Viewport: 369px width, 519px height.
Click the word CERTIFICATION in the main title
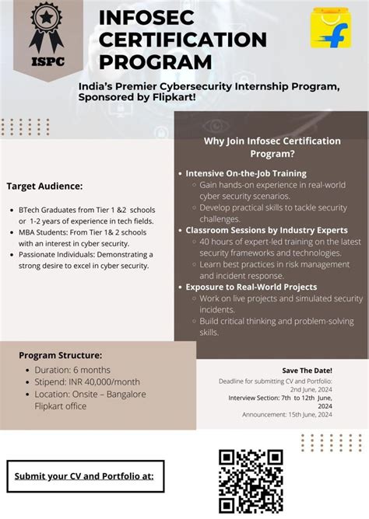pos(183,40)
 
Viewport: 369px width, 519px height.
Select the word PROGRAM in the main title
pos(156,61)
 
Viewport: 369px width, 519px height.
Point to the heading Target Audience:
pos(44,186)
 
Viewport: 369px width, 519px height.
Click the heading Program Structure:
pos(61,355)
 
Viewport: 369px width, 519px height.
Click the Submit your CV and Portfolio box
pos(86,476)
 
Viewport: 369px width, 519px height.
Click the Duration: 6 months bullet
pos(73,369)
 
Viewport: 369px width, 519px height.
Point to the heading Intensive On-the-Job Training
pos(246,173)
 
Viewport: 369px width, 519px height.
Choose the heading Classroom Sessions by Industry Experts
pos(267,230)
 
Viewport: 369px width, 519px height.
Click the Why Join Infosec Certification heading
pos(272,141)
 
